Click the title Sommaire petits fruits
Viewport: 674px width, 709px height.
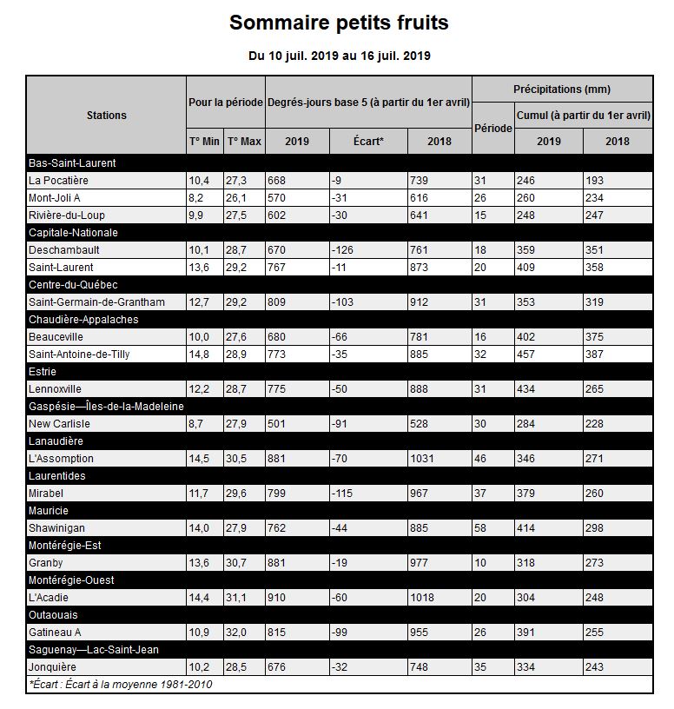(x=339, y=23)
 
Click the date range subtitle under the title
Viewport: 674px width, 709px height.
(x=339, y=56)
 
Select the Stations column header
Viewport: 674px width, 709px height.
(x=107, y=115)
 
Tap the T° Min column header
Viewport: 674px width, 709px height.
(x=204, y=142)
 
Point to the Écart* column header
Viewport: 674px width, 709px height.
(x=368, y=142)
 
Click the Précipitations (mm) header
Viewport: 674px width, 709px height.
(x=562, y=89)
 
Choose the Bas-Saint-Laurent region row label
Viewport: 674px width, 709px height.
(x=72, y=162)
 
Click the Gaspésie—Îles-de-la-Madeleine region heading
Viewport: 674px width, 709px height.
(x=107, y=406)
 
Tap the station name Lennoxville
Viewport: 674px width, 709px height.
(x=56, y=388)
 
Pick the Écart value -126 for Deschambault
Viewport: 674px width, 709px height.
(x=345, y=249)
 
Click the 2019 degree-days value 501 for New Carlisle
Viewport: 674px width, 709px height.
(x=280, y=423)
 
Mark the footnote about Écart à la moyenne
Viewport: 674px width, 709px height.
(x=121, y=684)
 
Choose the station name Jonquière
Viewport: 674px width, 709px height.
(x=53, y=666)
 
